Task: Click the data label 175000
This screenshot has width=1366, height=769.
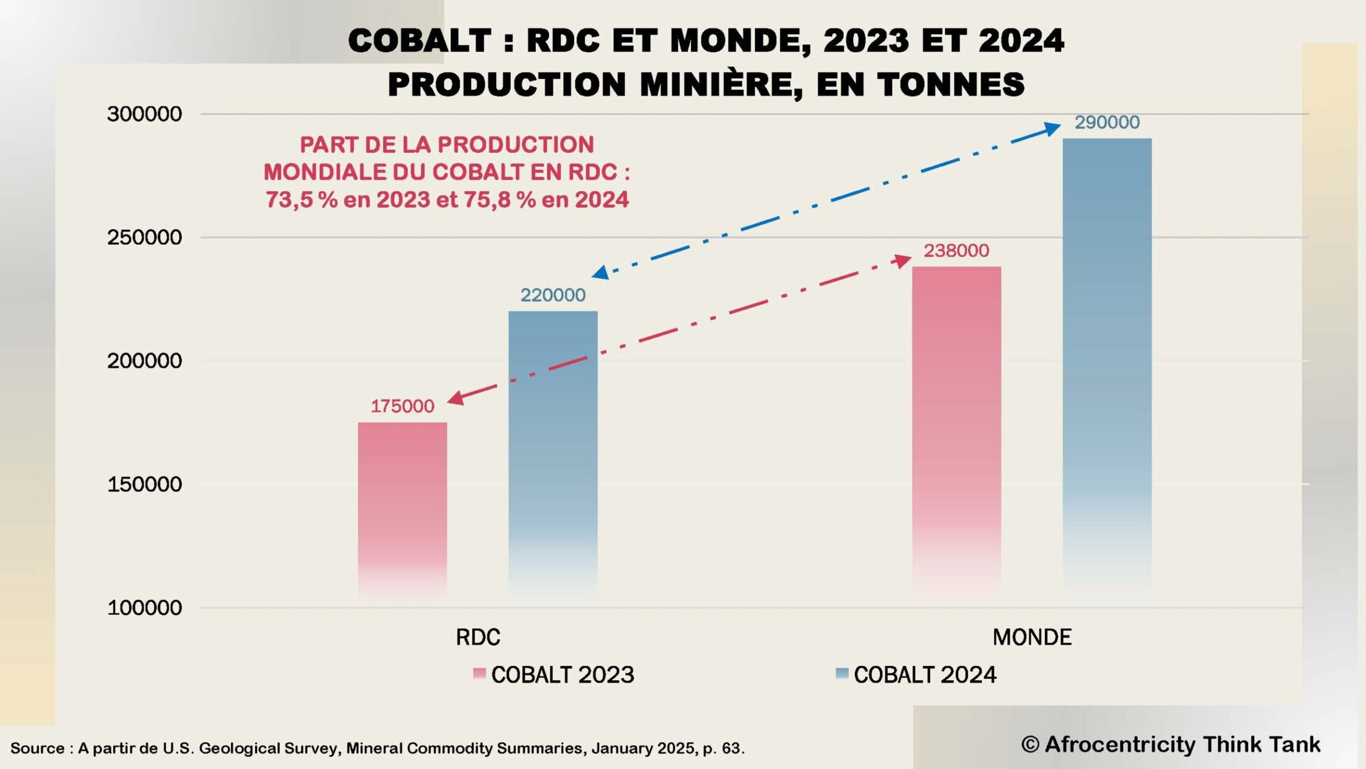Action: tap(402, 406)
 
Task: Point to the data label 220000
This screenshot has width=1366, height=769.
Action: tap(553, 295)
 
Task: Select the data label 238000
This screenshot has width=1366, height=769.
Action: tap(956, 250)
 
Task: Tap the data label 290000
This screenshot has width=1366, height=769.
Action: tap(1107, 122)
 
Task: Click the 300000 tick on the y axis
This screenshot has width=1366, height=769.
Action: tap(144, 114)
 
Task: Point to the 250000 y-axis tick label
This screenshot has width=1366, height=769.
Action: tap(144, 237)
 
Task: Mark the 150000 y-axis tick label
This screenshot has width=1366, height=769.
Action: tap(144, 485)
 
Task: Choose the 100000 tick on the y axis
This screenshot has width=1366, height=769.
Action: tap(144, 607)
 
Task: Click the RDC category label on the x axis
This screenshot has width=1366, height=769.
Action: tap(477, 637)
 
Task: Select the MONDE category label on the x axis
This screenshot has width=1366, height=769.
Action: tap(1032, 637)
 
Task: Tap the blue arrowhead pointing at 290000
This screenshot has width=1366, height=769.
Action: tap(1052, 129)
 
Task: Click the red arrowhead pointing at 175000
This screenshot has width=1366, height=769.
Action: tap(456, 398)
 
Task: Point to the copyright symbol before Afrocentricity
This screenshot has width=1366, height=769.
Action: tap(1029, 744)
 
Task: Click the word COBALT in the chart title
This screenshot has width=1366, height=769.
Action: tap(420, 41)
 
